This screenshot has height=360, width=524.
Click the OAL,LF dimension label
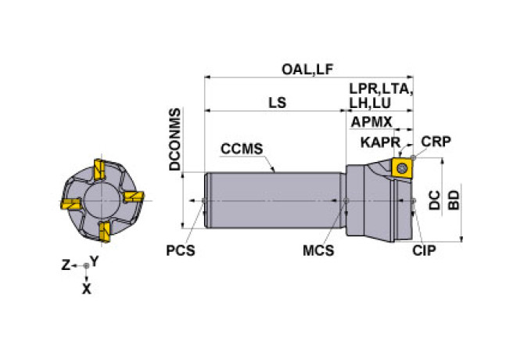coord(307,70)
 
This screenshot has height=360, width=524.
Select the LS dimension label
coord(278,103)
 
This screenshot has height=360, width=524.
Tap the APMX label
coord(371,122)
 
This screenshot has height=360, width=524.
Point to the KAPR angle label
coord(380,142)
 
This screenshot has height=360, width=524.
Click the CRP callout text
coord(436,142)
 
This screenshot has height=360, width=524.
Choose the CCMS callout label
coord(242,149)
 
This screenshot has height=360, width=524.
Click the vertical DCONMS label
coord(174,139)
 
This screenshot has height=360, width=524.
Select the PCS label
coord(181,250)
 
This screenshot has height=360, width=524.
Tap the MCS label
coord(318,250)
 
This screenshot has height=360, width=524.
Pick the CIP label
coord(424,250)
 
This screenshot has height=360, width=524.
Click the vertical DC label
coord(434,200)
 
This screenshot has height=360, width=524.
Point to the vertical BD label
coord(454,200)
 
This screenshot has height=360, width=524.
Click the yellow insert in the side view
coord(402,167)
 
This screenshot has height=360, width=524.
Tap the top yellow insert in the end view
coord(99,169)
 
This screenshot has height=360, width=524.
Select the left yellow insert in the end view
coord(70,203)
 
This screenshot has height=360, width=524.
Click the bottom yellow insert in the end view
coord(105,232)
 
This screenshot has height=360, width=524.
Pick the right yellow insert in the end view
coord(134,196)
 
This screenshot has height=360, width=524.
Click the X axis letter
coord(87,289)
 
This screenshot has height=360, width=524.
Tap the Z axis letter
coord(66,265)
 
